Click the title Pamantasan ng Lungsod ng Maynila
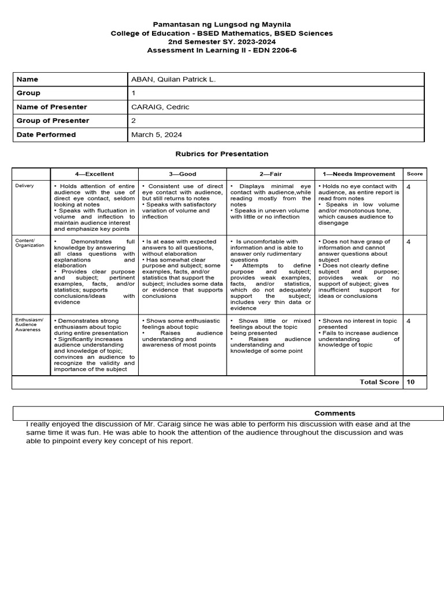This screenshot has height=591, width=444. (x=222, y=24)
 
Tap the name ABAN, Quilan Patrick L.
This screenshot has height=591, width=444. (x=173, y=79)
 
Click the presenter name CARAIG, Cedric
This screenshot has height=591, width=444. (x=161, y=107)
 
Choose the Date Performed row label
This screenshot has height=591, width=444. (x=46, y=134)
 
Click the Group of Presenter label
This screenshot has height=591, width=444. (x=53, y=121)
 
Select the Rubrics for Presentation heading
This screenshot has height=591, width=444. (x=222, y=154)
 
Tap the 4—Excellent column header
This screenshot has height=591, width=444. (x=94, y=174)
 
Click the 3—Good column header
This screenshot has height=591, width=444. (x=183, y=174)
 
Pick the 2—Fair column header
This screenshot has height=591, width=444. (x=271, y=174)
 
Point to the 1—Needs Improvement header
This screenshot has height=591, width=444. (x=358, y=174)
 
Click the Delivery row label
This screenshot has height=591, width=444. (x=25, y=186)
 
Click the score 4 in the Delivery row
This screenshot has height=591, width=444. (x=409, y=187)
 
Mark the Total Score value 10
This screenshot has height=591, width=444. (x=410, y=382)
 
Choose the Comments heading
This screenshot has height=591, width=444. (x=335, y=413)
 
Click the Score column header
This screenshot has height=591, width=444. (x=415, y=174)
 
